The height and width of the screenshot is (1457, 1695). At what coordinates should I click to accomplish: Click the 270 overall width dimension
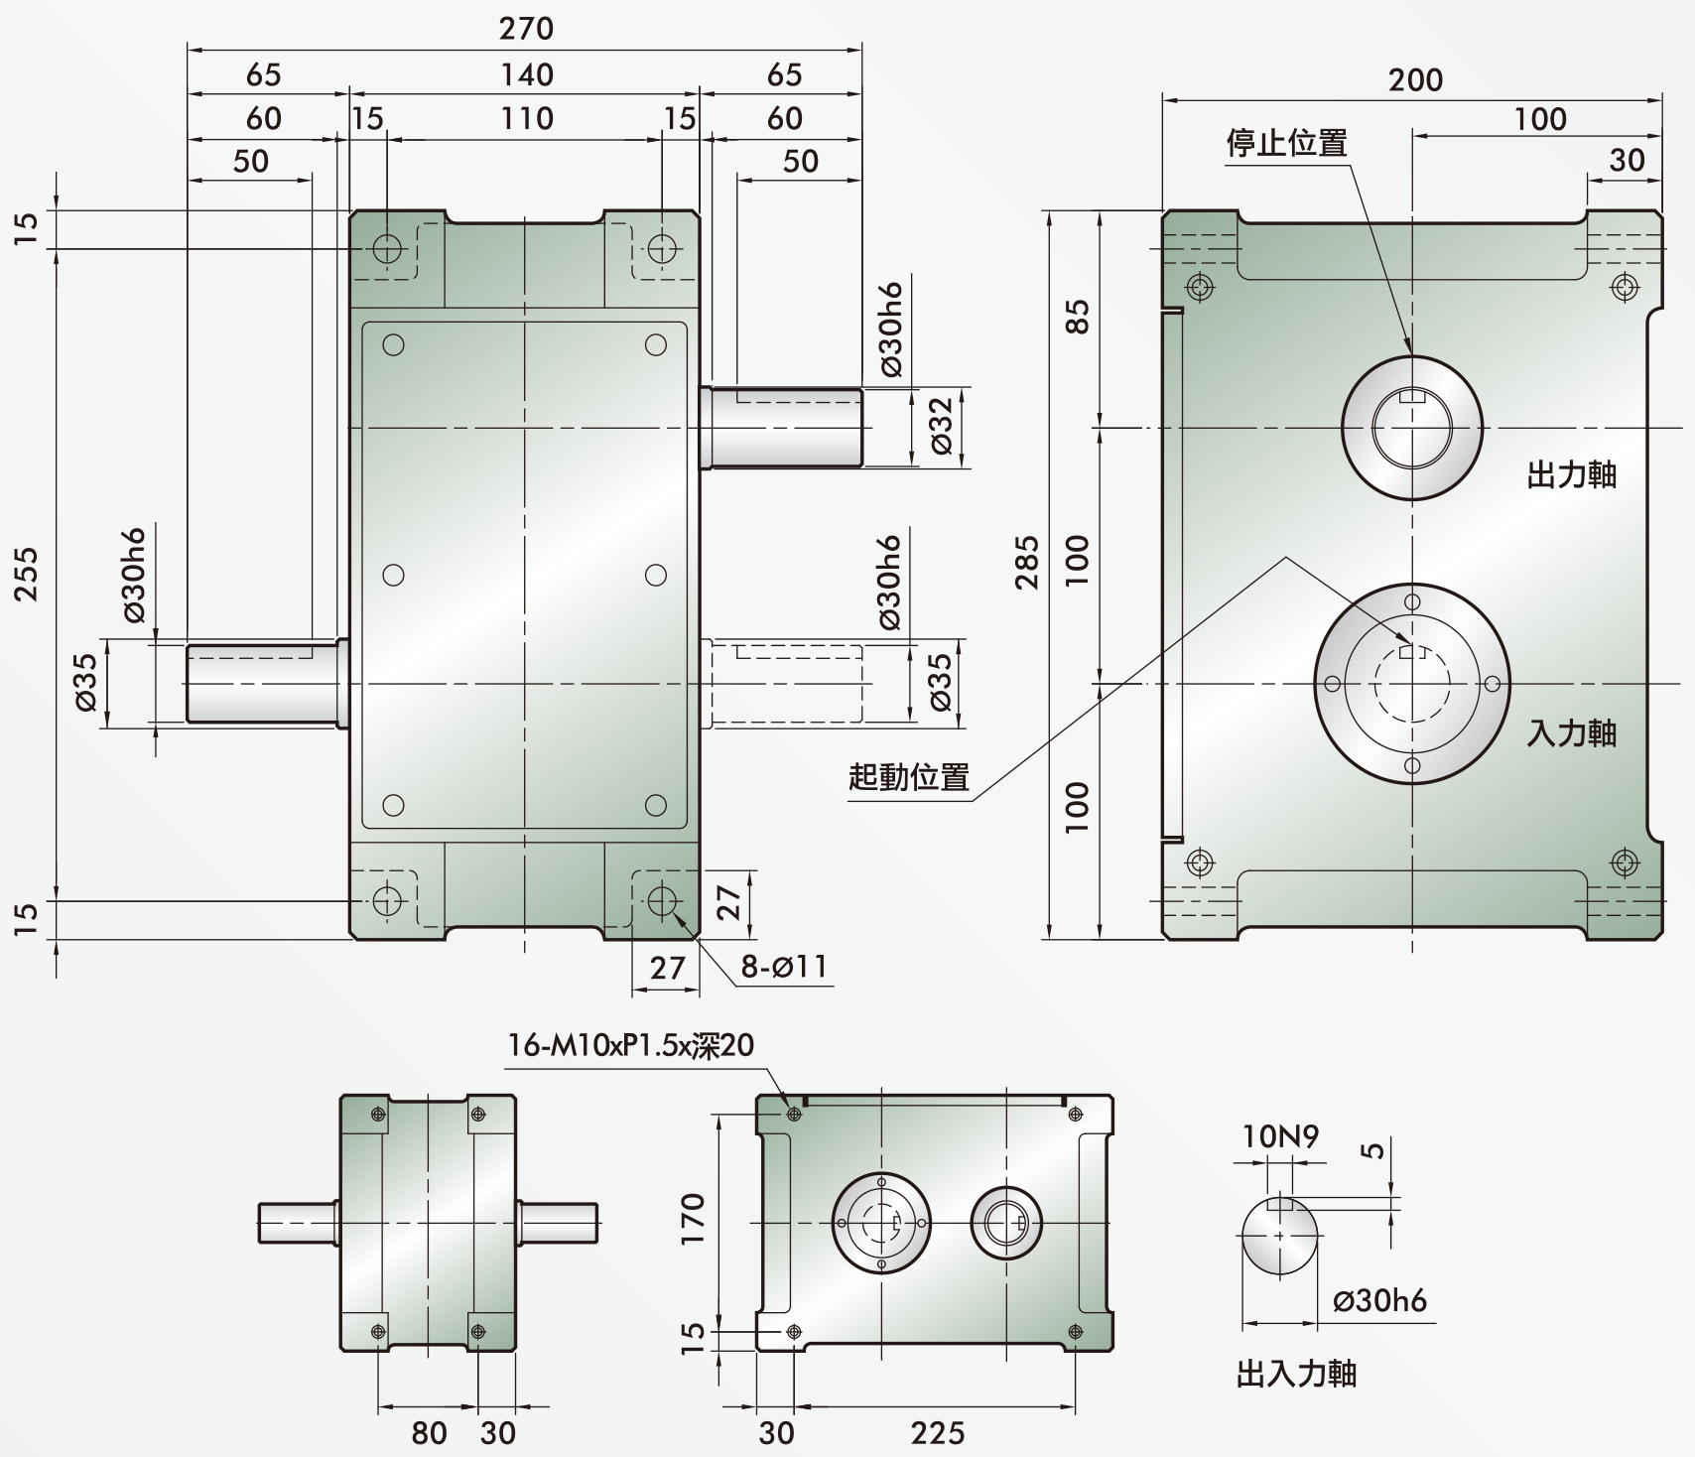[x=526, y=28]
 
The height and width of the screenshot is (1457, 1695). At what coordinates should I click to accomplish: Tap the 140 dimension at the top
[x=526, y=74]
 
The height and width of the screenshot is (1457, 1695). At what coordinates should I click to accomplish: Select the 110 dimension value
[x=526, y=118]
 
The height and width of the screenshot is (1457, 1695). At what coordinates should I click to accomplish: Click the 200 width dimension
[x=1415, y=79]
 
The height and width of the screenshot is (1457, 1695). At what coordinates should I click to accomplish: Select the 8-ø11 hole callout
[x=784, y=966]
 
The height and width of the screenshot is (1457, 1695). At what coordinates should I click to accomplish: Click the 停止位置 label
[x=1287, y=143]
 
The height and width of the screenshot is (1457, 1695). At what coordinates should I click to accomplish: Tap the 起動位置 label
[x=909, y=776]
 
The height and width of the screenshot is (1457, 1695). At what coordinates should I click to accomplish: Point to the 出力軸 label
[x=1572, y=474]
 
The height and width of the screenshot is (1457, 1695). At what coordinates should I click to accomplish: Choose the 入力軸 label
[x=1572, y=732]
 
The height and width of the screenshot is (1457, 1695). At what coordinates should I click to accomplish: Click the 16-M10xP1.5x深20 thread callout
[x=631, y=1045]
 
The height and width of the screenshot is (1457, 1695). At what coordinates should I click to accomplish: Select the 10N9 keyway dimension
[x=1280, y=1136]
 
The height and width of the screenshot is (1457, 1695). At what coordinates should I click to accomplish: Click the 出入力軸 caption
[x=1297, y=1374]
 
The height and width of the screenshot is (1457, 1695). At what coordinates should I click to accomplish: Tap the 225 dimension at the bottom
[x=937, y=1431]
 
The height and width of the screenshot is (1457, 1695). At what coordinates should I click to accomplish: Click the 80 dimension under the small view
[x=429, y=1431]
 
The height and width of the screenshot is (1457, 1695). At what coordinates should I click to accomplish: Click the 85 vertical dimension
[x=1078, y=317]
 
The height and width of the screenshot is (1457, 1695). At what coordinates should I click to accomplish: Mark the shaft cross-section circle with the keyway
[x=1280, y=1236]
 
